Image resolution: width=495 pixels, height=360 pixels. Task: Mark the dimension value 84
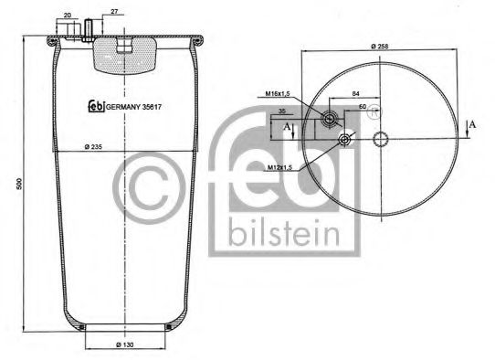354,92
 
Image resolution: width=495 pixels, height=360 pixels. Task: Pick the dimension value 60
362,108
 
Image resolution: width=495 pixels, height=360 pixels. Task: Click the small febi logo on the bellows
95,105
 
